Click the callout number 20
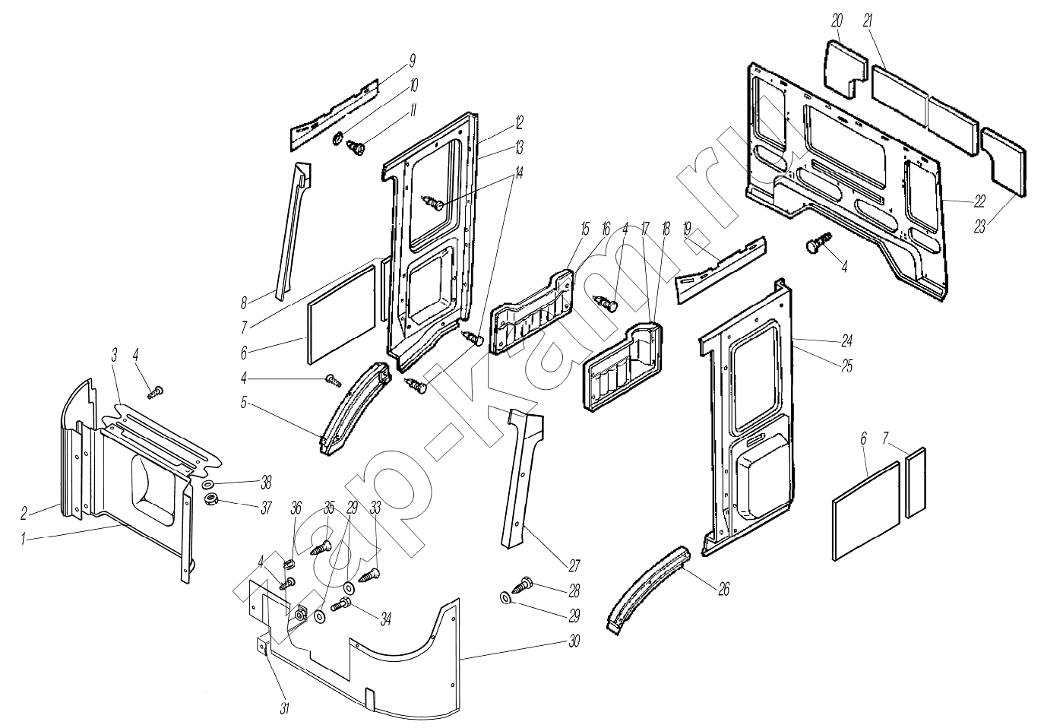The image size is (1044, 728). (x=837, y=21)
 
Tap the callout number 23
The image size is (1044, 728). (x=980, y=226)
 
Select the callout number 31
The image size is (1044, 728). (x=285, y=708)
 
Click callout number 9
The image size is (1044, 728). (x=412, y=60)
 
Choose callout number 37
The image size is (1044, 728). (x=266, y=508)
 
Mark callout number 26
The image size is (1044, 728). (x=723, y=589)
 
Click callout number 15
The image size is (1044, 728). (x=585, y=228)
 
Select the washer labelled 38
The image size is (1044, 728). (x=208, y=484)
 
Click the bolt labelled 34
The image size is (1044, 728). (x=341, y=604)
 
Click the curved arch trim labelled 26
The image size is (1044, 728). (x=647, y=587)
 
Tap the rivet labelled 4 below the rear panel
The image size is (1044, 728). (x=815, y=245)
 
